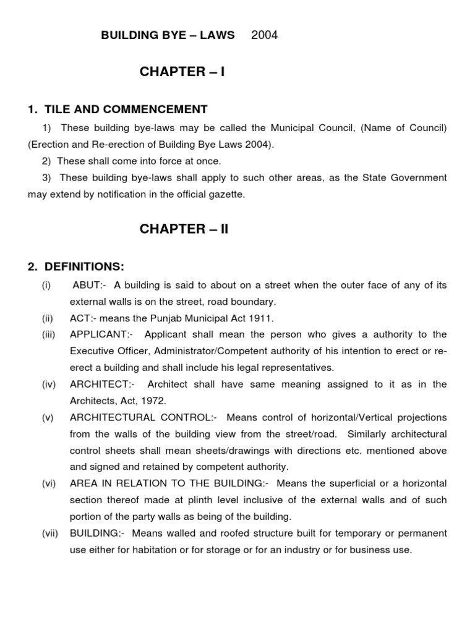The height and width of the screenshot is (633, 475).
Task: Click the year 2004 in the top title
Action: pos(264,35)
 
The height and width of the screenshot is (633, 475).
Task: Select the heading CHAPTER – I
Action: pos(182,72)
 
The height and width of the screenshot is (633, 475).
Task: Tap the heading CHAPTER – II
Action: pos(184,229)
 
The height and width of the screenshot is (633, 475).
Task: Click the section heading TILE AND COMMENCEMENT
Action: pos(118,109)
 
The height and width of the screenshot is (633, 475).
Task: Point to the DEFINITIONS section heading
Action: pos(76,266)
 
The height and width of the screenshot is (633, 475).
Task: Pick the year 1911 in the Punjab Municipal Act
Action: pos(260,318)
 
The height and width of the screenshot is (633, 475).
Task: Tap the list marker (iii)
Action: pos(49,334)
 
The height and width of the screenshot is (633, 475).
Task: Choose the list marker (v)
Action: pos(48,418)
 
